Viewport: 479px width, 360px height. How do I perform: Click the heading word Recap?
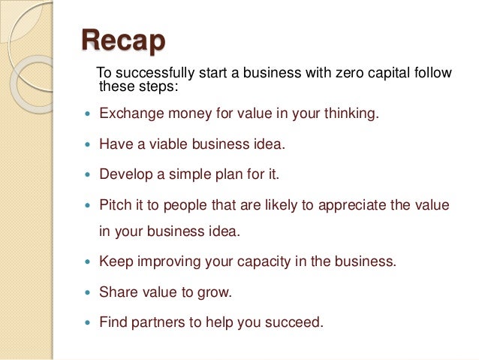point(122,41)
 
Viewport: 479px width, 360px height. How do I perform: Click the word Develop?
point(125,174)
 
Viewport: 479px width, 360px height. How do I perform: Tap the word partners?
point(155,322)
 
